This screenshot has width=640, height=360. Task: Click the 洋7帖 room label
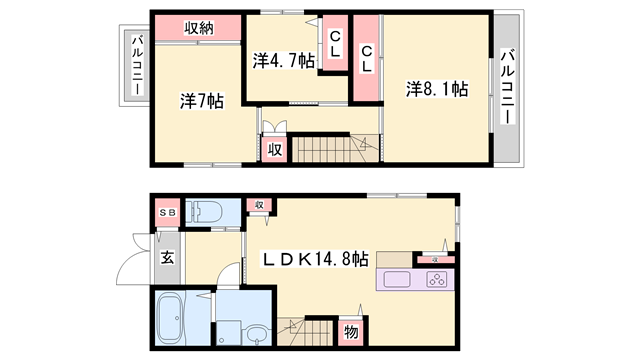click(x=201, y=101)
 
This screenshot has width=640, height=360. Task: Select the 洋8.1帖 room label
click(x=437, y=89)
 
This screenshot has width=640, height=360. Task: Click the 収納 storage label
click(x=198, y=28)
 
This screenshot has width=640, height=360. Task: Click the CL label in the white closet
click(x=335, y=44)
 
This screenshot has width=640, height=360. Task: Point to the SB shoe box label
click(x=166, y=213)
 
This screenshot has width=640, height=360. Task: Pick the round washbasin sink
click(x=259, y=335)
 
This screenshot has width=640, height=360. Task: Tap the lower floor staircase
click(x=309, y=331)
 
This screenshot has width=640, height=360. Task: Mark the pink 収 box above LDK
click(x=259, y=205)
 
